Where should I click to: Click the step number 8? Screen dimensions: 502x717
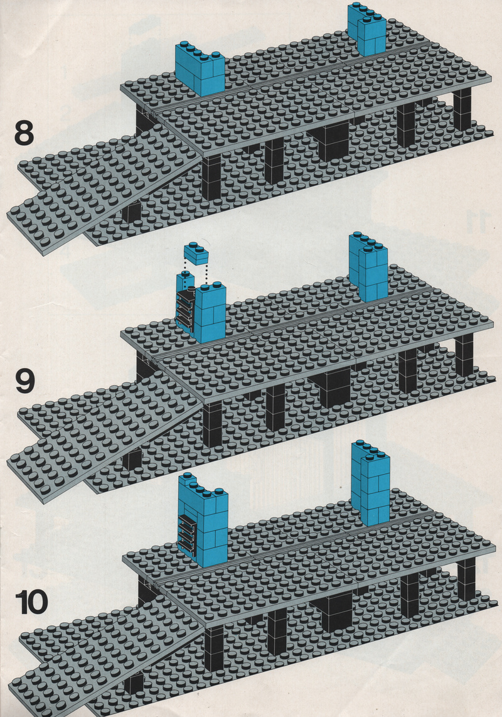pos(24,132)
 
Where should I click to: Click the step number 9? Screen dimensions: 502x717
pos(24,381)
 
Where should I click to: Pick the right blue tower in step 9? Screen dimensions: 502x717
pos(368,267)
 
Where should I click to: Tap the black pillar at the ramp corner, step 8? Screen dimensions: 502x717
pos(211,178)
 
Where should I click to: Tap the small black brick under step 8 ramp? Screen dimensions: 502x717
pos(132,210)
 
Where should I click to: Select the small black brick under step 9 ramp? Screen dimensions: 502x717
pos(132,459)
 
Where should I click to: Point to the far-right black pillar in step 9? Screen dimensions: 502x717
pos(464,355)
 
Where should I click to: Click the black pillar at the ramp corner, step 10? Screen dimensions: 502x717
pos(214,649)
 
